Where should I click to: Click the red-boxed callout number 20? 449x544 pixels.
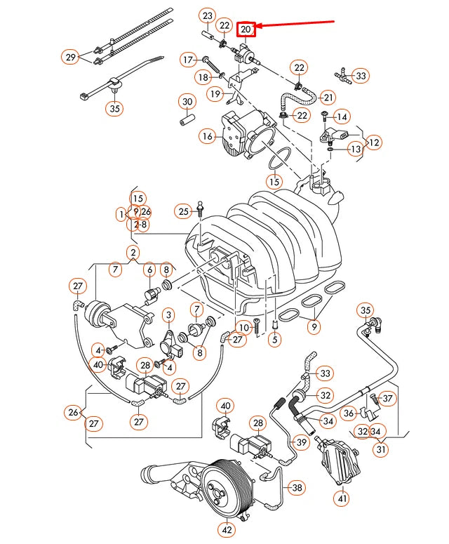[x=246, y=29]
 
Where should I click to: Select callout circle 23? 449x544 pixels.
[x=207, y=15]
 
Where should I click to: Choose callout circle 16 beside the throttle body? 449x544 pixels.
[x=207, y=136]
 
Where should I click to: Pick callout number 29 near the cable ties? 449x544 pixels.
[x=70, y=58]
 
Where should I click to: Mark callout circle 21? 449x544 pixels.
[x=328, y=96]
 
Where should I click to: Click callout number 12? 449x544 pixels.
[x=374, y=142]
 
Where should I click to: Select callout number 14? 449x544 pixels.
[x=342, y=116]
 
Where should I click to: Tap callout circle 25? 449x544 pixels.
[x=184, y=211]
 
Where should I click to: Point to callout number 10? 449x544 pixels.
[x=243, y=327]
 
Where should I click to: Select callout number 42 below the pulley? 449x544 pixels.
[x=227, y=530]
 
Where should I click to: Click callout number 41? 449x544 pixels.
[x=342, y=499]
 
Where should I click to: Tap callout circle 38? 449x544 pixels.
[x=297, y=486]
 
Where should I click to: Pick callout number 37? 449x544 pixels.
[x=388, y=398]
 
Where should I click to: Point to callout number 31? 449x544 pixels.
[x=380, y=449]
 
